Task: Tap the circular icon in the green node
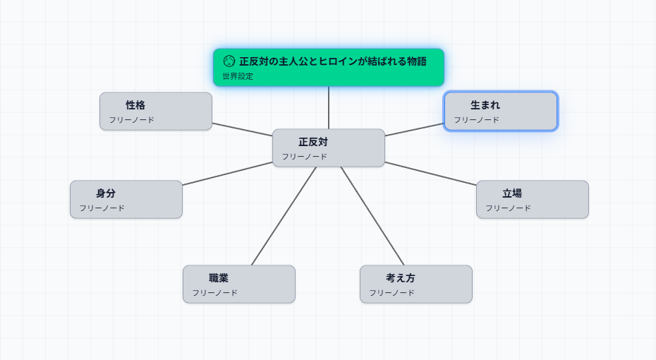229,61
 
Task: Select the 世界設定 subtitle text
238,76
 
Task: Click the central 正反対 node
328,148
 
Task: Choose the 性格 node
155,111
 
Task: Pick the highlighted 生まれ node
500,111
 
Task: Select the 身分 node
126,199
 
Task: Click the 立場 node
532,199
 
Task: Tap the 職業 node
238,284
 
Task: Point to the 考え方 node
415,284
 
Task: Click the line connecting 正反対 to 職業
284,216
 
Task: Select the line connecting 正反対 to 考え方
372,216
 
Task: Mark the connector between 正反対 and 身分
227,174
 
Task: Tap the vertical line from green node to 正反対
329,107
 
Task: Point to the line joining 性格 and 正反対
242,129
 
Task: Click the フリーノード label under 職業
214,293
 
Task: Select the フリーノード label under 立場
508,208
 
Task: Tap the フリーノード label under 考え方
391,293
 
